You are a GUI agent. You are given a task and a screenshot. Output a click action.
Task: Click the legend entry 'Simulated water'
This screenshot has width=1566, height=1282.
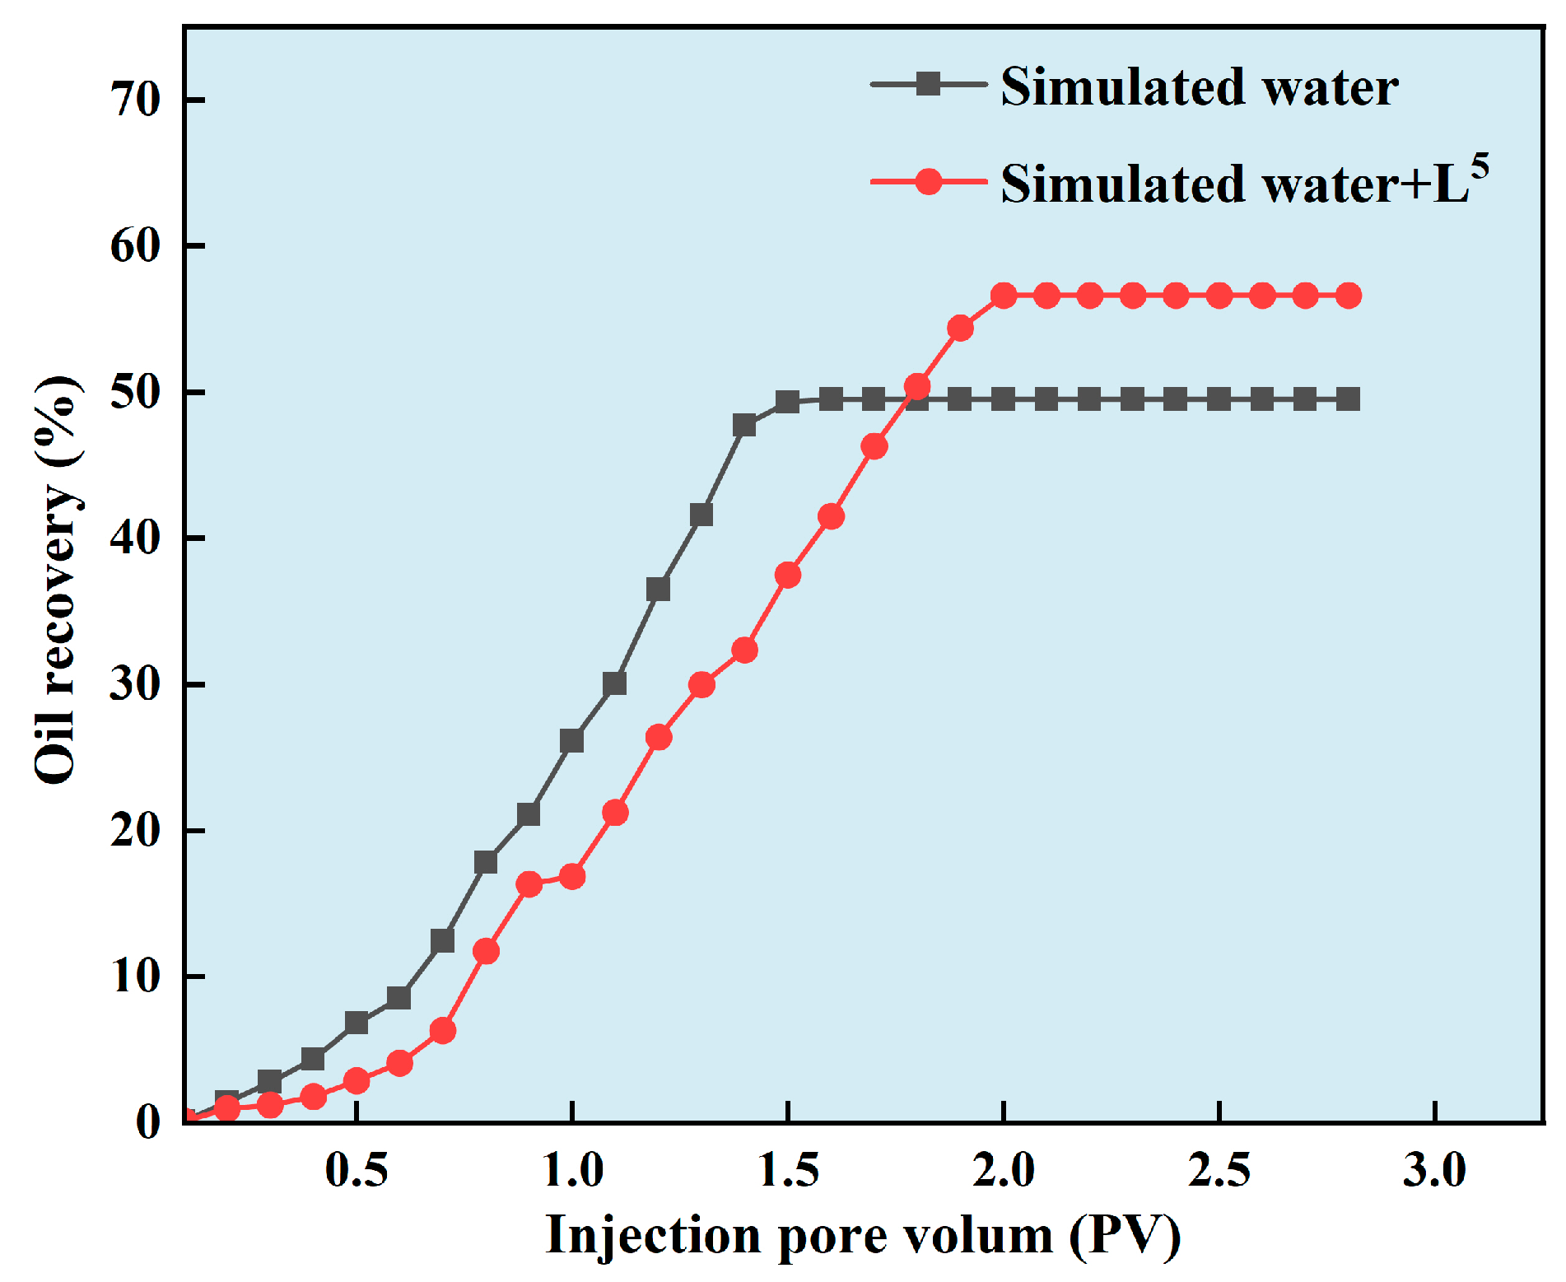pos(1199,86)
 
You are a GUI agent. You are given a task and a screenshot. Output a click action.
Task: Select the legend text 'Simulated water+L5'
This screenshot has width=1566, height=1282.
pos(1243,183)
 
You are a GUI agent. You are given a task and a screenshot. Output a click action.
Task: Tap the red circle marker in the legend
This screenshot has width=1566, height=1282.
pos(928,181)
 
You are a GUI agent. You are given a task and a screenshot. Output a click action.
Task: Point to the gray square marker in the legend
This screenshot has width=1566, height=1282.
pos(928,84)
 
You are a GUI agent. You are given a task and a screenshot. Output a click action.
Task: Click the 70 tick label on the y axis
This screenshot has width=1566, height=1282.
pos(136,100)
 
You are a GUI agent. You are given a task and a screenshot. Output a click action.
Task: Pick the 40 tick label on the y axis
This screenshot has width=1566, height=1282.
pos(136,538)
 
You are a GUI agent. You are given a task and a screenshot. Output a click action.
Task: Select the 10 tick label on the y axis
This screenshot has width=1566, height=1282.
pos(136,977)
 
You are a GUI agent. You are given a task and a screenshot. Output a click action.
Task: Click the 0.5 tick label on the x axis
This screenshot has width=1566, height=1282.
pos(356,1169)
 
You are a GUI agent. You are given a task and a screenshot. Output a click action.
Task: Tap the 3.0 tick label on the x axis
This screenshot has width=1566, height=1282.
pos(1434,1169)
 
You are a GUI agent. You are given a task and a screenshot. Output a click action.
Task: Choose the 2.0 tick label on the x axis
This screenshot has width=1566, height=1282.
pos(1003,1169)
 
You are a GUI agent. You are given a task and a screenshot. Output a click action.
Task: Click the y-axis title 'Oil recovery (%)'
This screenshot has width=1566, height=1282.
pos(58,580)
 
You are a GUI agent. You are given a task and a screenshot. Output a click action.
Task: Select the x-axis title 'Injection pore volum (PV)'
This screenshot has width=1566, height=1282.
pos(863,1235)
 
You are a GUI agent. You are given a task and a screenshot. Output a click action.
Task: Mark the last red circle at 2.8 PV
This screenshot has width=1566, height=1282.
pos(1348,296)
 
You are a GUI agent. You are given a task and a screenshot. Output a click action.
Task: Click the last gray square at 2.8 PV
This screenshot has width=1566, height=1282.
pos(1348,400)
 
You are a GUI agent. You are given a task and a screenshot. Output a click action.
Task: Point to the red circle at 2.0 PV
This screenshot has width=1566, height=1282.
pos(1003,296)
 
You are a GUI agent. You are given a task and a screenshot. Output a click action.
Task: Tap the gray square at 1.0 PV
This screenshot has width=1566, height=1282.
pos(571,741)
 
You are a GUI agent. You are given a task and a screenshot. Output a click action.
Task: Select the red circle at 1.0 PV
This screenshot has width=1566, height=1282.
pos(572,876)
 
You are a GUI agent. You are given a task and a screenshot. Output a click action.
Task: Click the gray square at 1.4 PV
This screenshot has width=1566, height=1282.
pos(744,426)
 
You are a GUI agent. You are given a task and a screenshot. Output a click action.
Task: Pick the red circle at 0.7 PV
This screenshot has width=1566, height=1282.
pos(443,1031)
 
